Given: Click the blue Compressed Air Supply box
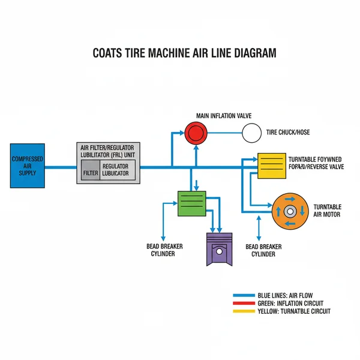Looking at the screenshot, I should coord(26,166).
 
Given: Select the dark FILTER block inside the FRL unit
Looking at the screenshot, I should coord(90,172).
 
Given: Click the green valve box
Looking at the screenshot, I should coord(192,203).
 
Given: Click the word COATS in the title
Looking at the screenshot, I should coord(107,53).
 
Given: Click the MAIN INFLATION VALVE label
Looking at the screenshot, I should coord(224,115).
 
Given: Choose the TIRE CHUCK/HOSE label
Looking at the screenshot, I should coord(288,133).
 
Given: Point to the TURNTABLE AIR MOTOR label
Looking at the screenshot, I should coord(328,211).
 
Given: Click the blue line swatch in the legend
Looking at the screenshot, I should coord(243,295).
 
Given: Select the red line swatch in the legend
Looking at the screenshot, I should coord(243,303).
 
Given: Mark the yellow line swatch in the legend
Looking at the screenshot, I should coord(243,311).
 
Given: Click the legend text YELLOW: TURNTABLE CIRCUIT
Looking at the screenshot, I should coord(293,311).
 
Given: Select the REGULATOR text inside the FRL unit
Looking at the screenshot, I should coord(115,166).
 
